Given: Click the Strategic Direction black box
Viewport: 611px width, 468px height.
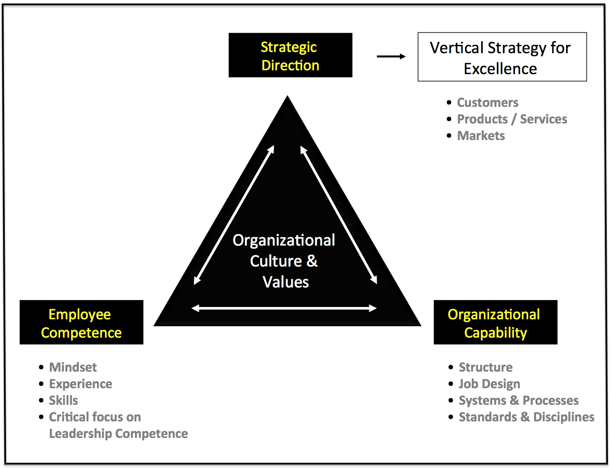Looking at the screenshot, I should (x=290, y=55).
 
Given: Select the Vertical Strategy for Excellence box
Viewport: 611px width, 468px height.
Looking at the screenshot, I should (x=502, y=57).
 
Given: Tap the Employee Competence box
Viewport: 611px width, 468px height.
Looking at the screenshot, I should (x=81, y=322).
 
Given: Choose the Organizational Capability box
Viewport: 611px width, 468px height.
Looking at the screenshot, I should (x=495, y=322).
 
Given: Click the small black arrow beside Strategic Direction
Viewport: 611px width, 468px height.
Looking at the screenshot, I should (x=391, y=56).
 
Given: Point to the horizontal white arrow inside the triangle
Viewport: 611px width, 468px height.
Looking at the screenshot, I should (x=284, y=308).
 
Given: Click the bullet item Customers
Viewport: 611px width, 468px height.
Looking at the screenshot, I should (x=487, y=103).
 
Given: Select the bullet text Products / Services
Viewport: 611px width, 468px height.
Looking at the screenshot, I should (x=512, y=120).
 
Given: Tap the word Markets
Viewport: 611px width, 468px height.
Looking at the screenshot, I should (x=481, y=136).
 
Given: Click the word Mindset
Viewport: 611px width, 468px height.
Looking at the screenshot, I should (x=73, y=367).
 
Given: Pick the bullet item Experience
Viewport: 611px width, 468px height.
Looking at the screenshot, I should (x=81, y=384).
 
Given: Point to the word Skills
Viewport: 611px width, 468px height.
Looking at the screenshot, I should (x=64, y=400).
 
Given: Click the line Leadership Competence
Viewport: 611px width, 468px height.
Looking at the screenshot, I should (x=118, y=434).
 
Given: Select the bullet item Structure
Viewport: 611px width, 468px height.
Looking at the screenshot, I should (x=486, y=367).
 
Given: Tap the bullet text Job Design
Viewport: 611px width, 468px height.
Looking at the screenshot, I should (x=489, y=384).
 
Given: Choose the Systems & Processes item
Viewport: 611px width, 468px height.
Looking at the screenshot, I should (x=518, y=400).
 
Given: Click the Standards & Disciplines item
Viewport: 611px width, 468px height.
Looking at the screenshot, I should (x=526, y=417).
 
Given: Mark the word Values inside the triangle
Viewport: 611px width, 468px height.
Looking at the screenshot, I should (x=286, y=282).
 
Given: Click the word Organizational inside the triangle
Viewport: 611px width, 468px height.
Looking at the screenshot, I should (x=284, y=240).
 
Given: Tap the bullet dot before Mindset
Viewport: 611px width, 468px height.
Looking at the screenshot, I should (x=41, y=367).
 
